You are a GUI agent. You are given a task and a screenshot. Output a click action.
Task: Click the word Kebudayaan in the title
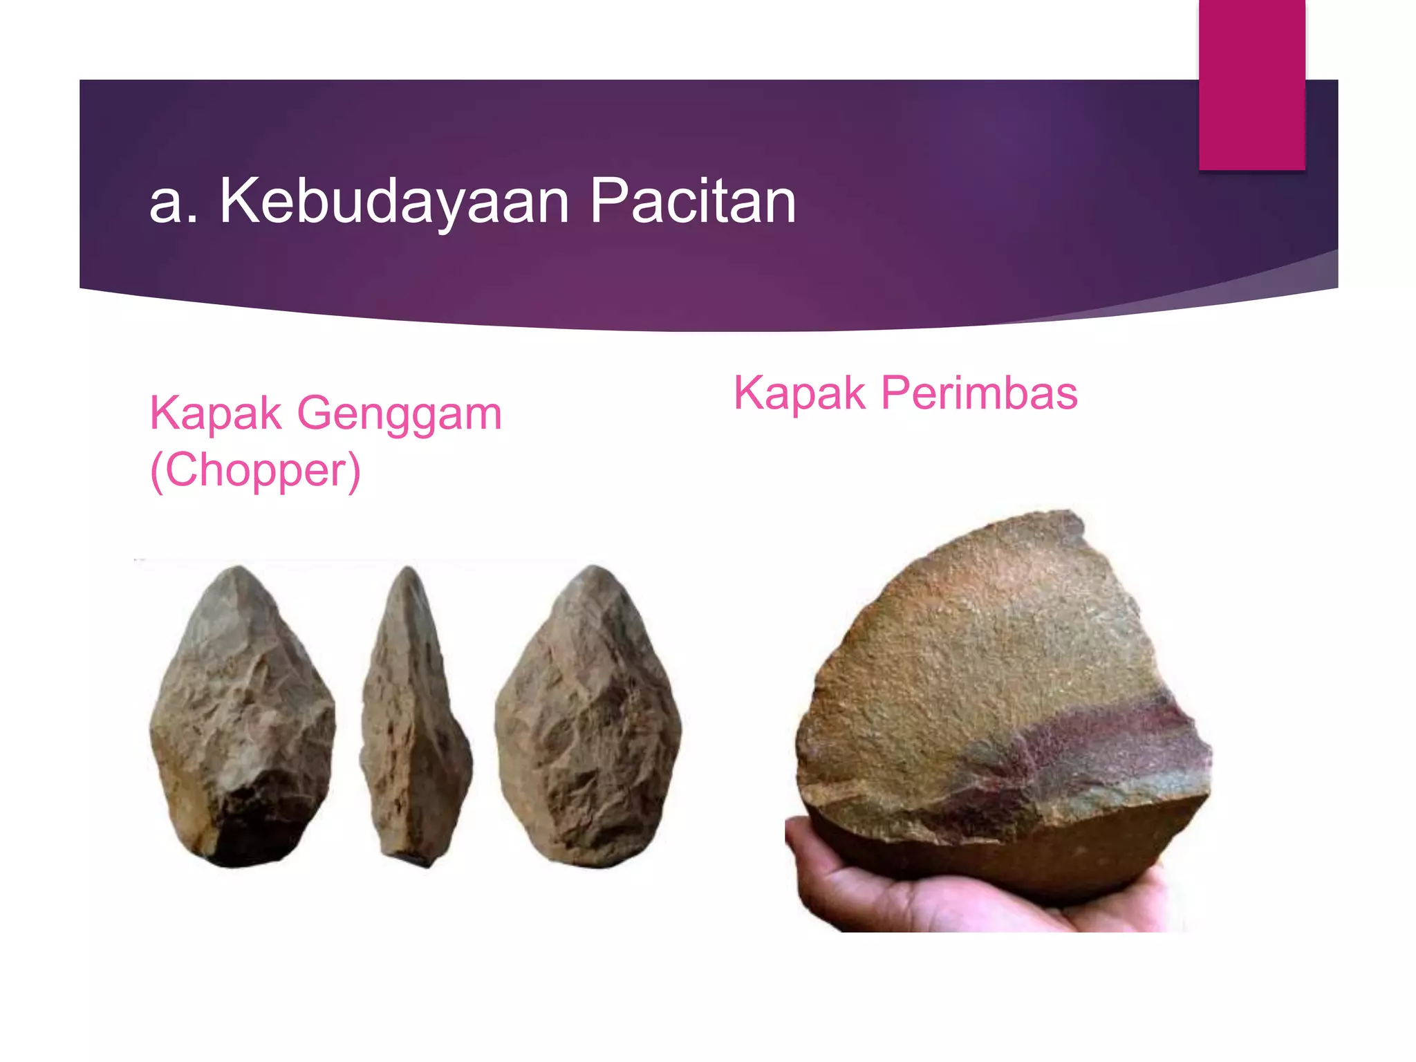click(394, 202)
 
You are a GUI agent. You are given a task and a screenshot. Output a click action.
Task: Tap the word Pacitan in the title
click(693, 202)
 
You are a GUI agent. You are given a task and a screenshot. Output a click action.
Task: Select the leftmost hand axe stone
click(242, 719)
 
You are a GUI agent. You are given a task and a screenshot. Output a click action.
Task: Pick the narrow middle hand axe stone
click(415, 719)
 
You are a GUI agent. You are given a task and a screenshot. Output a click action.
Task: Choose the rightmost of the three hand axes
click(588, 719)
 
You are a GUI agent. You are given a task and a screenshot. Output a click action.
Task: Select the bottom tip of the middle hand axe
click(415, 861)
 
